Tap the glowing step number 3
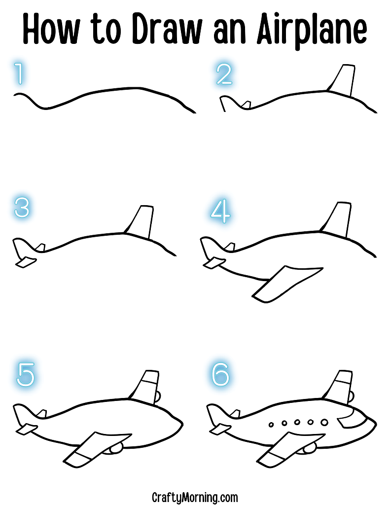pyautogui.click(x=22, y=208)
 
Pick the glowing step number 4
pyautogui.click(x=220, y=211)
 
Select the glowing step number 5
pyautogui.click(x=26, y=375)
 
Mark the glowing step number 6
pyautogui.click(x=220, y=375)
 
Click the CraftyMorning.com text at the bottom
pyautogui.click(x=195, y=497)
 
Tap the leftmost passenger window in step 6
pyautogui.click(x=271, y=424)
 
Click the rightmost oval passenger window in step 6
pyautogui.click(x=324, y=422)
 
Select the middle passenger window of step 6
pyautogui.click(x=297, y=422)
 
